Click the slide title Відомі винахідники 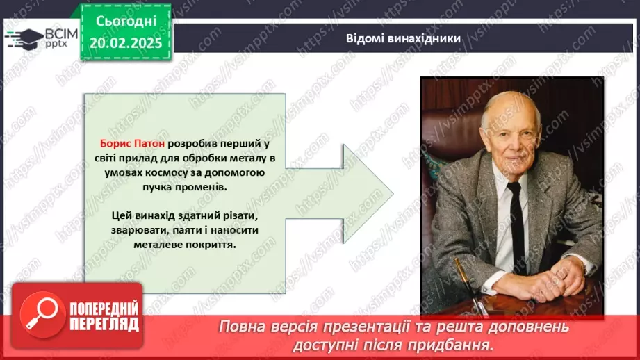(403, 38)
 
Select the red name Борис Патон (131, 143)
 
